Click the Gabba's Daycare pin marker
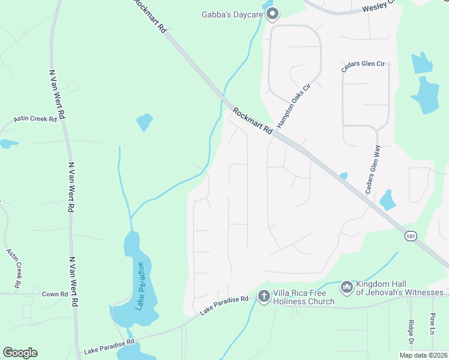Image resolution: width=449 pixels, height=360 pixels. coord(273,13)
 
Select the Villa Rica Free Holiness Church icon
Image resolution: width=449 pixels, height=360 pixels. coord(264,295)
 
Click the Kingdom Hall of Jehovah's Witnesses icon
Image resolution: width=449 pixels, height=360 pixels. coord(346,288)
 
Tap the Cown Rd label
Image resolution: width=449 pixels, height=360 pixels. coord(55,294)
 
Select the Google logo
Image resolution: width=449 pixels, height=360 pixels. coord(20,353)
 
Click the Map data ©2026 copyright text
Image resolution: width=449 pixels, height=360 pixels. coord(423,355)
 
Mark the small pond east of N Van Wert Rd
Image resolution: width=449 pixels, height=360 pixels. coord(145,122)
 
